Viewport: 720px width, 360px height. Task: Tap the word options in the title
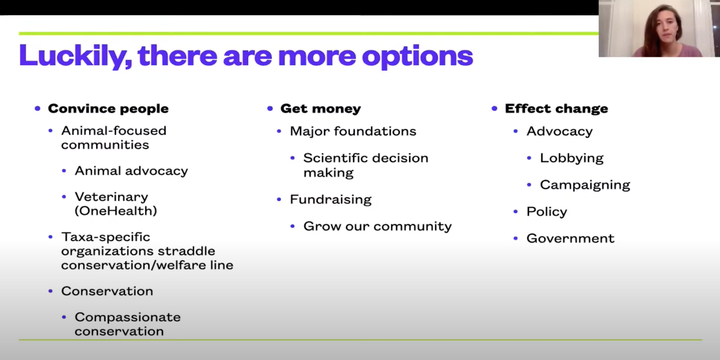[x=417, y=57]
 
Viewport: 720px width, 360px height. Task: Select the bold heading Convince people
[x=108, y=109]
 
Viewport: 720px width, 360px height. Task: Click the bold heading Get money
[x=321, y=109]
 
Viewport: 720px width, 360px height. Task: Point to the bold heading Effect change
[x=557, y=109]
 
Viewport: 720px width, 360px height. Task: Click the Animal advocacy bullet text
[x=131, y=171]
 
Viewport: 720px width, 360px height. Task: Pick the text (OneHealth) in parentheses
[x=116, y=211]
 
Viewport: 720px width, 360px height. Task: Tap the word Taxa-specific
[x=106, y=237]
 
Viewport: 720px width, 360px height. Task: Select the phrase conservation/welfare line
[x=147, y=265]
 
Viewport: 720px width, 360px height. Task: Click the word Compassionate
[x=127, y=317]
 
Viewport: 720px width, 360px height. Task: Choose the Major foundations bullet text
[x=353, y=131]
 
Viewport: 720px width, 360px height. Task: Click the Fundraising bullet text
[x=331, y=199]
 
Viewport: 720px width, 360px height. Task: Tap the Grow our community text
[x=377, y=226]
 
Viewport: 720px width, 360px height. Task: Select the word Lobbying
[x=571, y=158]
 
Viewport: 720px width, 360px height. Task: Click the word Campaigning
[x=585, y=185]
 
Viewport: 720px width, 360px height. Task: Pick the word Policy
[x=547, y=212]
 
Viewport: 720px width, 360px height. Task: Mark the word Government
[x=570, y=238]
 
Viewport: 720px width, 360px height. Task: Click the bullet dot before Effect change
[x=494, y=109]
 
